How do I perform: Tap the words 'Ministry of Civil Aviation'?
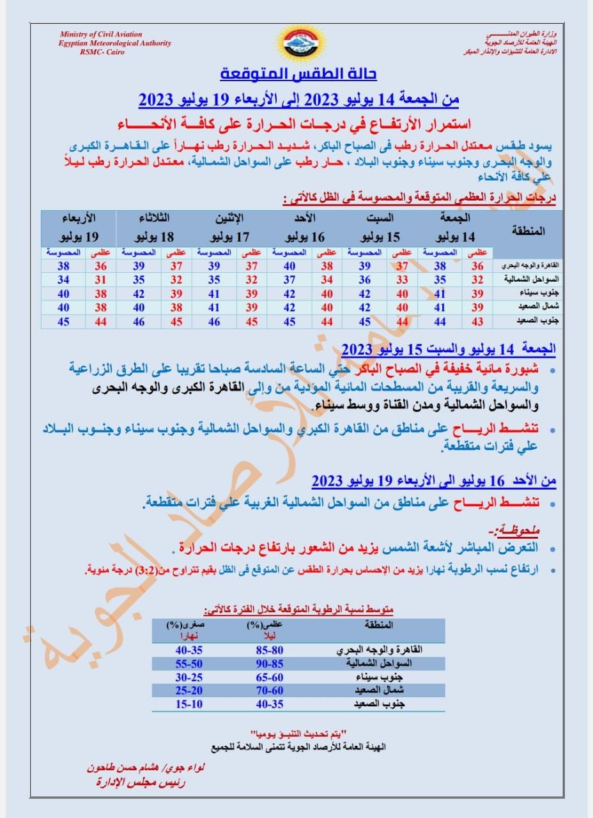(x=101, y=34)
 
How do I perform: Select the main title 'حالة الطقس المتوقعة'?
(x=298, y=74)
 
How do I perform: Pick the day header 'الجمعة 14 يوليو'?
(x=458, y=227)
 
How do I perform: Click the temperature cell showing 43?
(x=477, y=322)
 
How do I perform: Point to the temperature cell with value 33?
(x=401, y=279)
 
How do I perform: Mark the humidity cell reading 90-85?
(x=268, y=663)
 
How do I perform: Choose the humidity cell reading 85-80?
(x=268, y=650)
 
